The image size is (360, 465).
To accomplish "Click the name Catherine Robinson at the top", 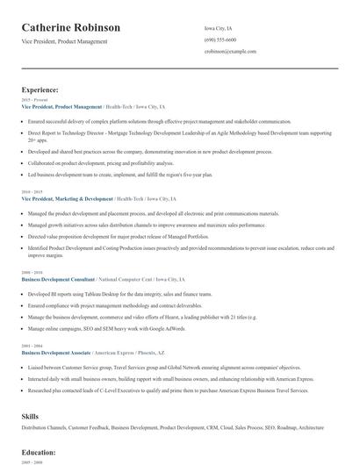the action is click(71, 28).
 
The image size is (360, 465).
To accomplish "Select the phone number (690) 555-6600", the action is click(220, 40).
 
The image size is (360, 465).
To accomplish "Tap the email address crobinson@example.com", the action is click(230, 52).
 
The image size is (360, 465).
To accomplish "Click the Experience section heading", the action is click(40, 89).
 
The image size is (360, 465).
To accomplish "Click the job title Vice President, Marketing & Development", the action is click(67, 198).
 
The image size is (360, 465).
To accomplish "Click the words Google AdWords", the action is click(168, 327).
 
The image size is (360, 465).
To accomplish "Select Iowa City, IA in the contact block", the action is click(219, 29).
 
